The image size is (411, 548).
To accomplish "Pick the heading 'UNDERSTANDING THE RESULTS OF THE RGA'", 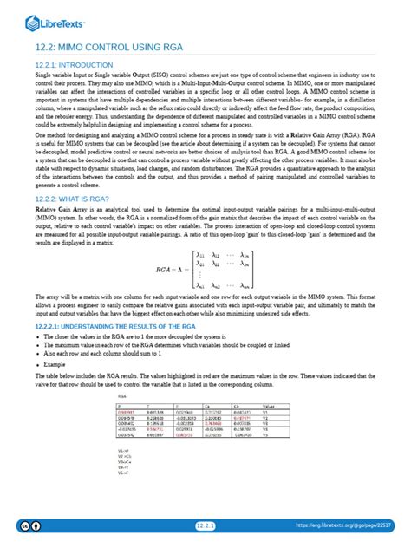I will coord(121,325).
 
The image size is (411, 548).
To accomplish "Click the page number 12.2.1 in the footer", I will coord(205,525).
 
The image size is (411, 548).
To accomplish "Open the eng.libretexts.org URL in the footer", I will coord(350,525).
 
